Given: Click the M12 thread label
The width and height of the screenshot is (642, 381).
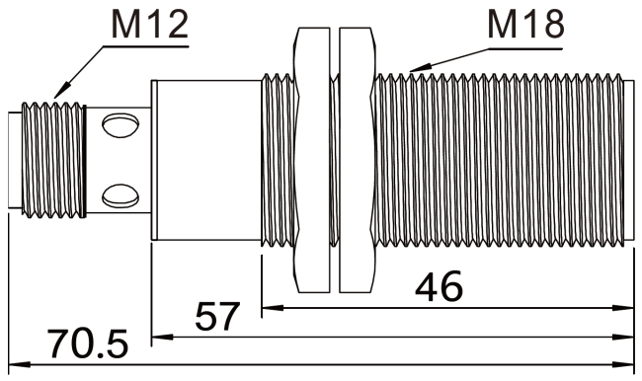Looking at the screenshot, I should point(148,27).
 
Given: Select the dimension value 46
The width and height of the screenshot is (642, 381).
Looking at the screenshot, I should point(441,287).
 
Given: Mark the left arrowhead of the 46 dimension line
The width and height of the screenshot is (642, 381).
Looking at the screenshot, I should point(266,308).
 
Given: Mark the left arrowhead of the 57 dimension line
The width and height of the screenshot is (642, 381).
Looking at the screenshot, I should point(156,337).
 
